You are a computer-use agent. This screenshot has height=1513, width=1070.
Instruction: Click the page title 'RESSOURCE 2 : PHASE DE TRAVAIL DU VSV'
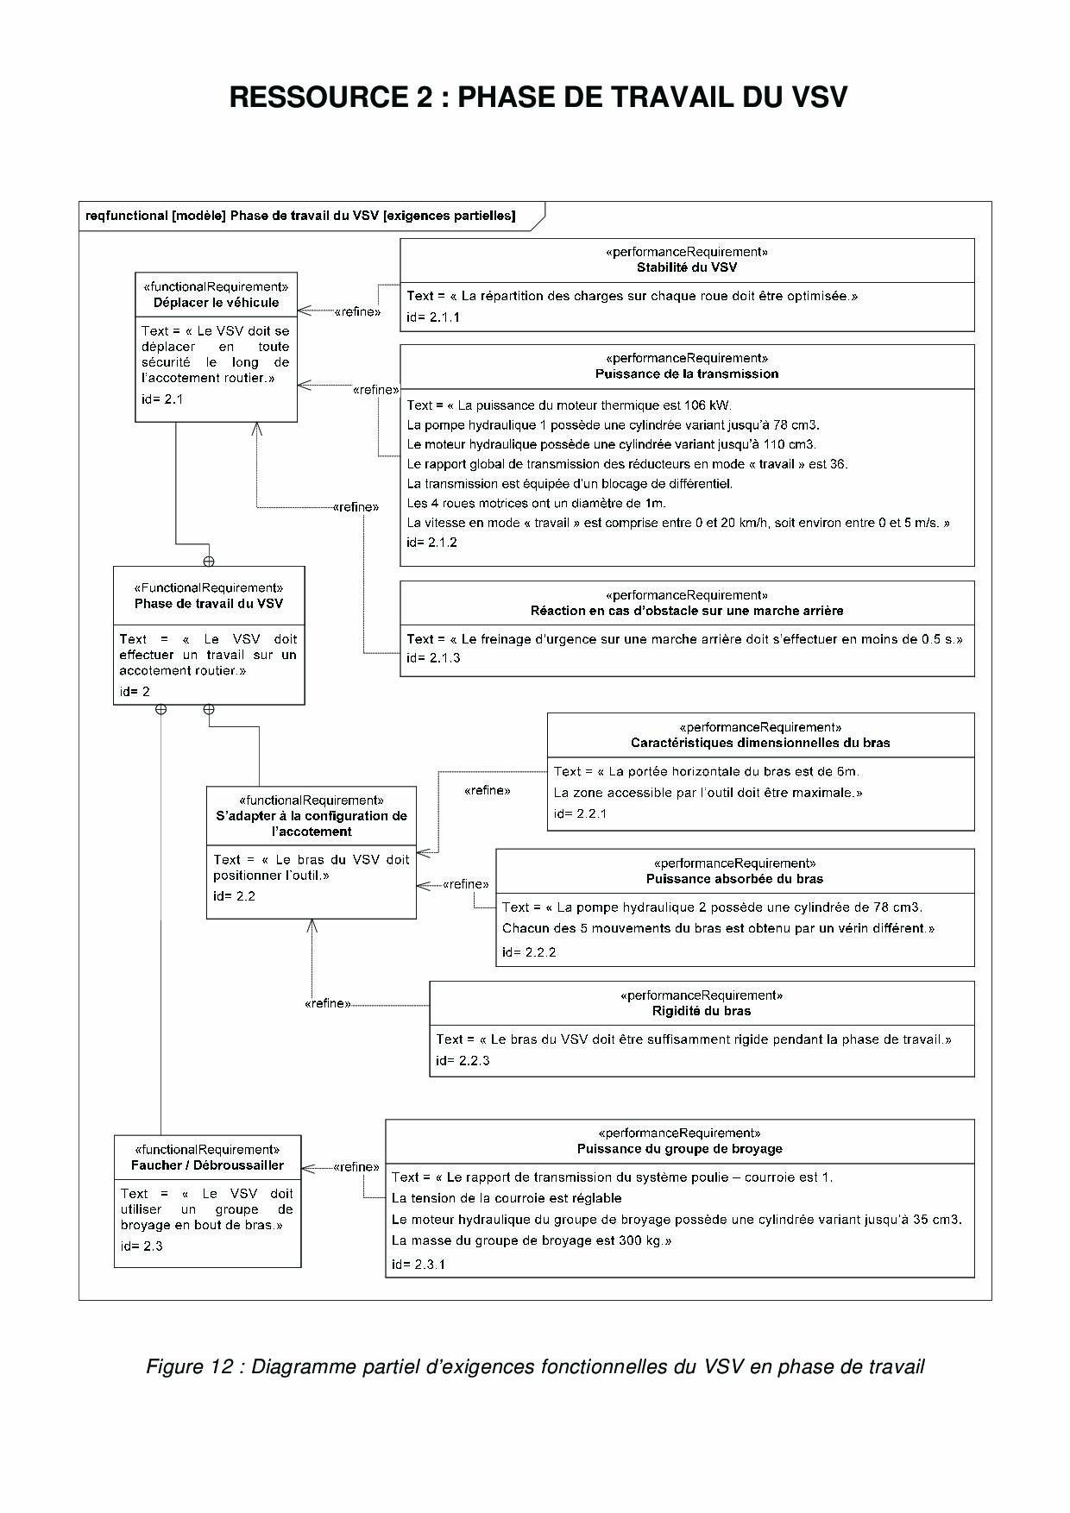pyautogui.click(x=538, y=97)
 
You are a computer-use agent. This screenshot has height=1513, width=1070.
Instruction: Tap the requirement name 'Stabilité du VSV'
pyautogui.click(x=687, y=267)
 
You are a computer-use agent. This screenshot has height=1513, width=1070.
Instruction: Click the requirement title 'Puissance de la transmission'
pyautogui.click(x=687, y=374)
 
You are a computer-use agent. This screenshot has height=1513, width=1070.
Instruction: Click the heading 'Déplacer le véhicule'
pyautogui.click(x=217, y=303)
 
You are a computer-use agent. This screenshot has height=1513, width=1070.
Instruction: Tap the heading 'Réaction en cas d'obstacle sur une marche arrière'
pyautogui.click(x=687, y=611)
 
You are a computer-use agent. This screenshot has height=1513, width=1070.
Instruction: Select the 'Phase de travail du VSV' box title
pyautogui.click(x=209, y=604)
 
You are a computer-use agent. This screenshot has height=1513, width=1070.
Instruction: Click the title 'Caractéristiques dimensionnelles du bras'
pyautogui.click(x=760, y=743)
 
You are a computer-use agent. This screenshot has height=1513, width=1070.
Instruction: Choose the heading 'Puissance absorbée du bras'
pyautogui.click(x=734, y=879)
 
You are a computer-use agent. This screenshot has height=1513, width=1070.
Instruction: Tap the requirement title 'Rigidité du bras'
pyautogui.click(x=702, y=1011)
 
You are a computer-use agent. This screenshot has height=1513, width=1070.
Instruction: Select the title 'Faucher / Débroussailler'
pyautogui.click(x=208, y=1165)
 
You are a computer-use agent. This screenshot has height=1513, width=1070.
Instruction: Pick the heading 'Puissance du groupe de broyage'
pyautogui.click(x=680, y=1149)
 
